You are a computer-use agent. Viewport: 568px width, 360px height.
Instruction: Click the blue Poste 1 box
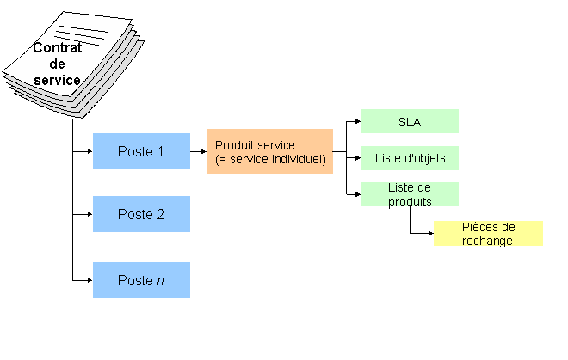coord(141,151)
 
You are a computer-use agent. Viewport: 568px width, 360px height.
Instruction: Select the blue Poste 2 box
coord(141,214)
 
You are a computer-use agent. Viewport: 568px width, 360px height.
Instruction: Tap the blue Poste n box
coord(141,280)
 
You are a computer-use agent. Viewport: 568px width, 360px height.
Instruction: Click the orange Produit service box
coord(269,151)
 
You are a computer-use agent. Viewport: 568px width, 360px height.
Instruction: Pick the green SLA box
coord(409,121)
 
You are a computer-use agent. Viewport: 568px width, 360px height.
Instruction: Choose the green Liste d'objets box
coord(409,159)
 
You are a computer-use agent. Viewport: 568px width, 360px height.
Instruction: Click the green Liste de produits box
coord(409,194)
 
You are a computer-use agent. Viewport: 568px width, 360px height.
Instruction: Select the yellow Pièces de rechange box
coord(488,234)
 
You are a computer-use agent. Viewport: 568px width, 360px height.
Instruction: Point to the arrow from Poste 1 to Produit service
coord(198,152)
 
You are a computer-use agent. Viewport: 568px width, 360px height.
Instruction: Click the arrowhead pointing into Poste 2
coord(89,215)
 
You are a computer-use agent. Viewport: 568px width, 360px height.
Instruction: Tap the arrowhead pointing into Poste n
coord(89,280)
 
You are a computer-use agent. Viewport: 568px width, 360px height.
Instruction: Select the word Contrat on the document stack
coord(58,48)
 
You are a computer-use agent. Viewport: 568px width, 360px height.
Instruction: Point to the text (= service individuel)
coord(270,159)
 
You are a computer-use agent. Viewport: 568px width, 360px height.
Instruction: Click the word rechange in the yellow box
coord(487,241)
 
